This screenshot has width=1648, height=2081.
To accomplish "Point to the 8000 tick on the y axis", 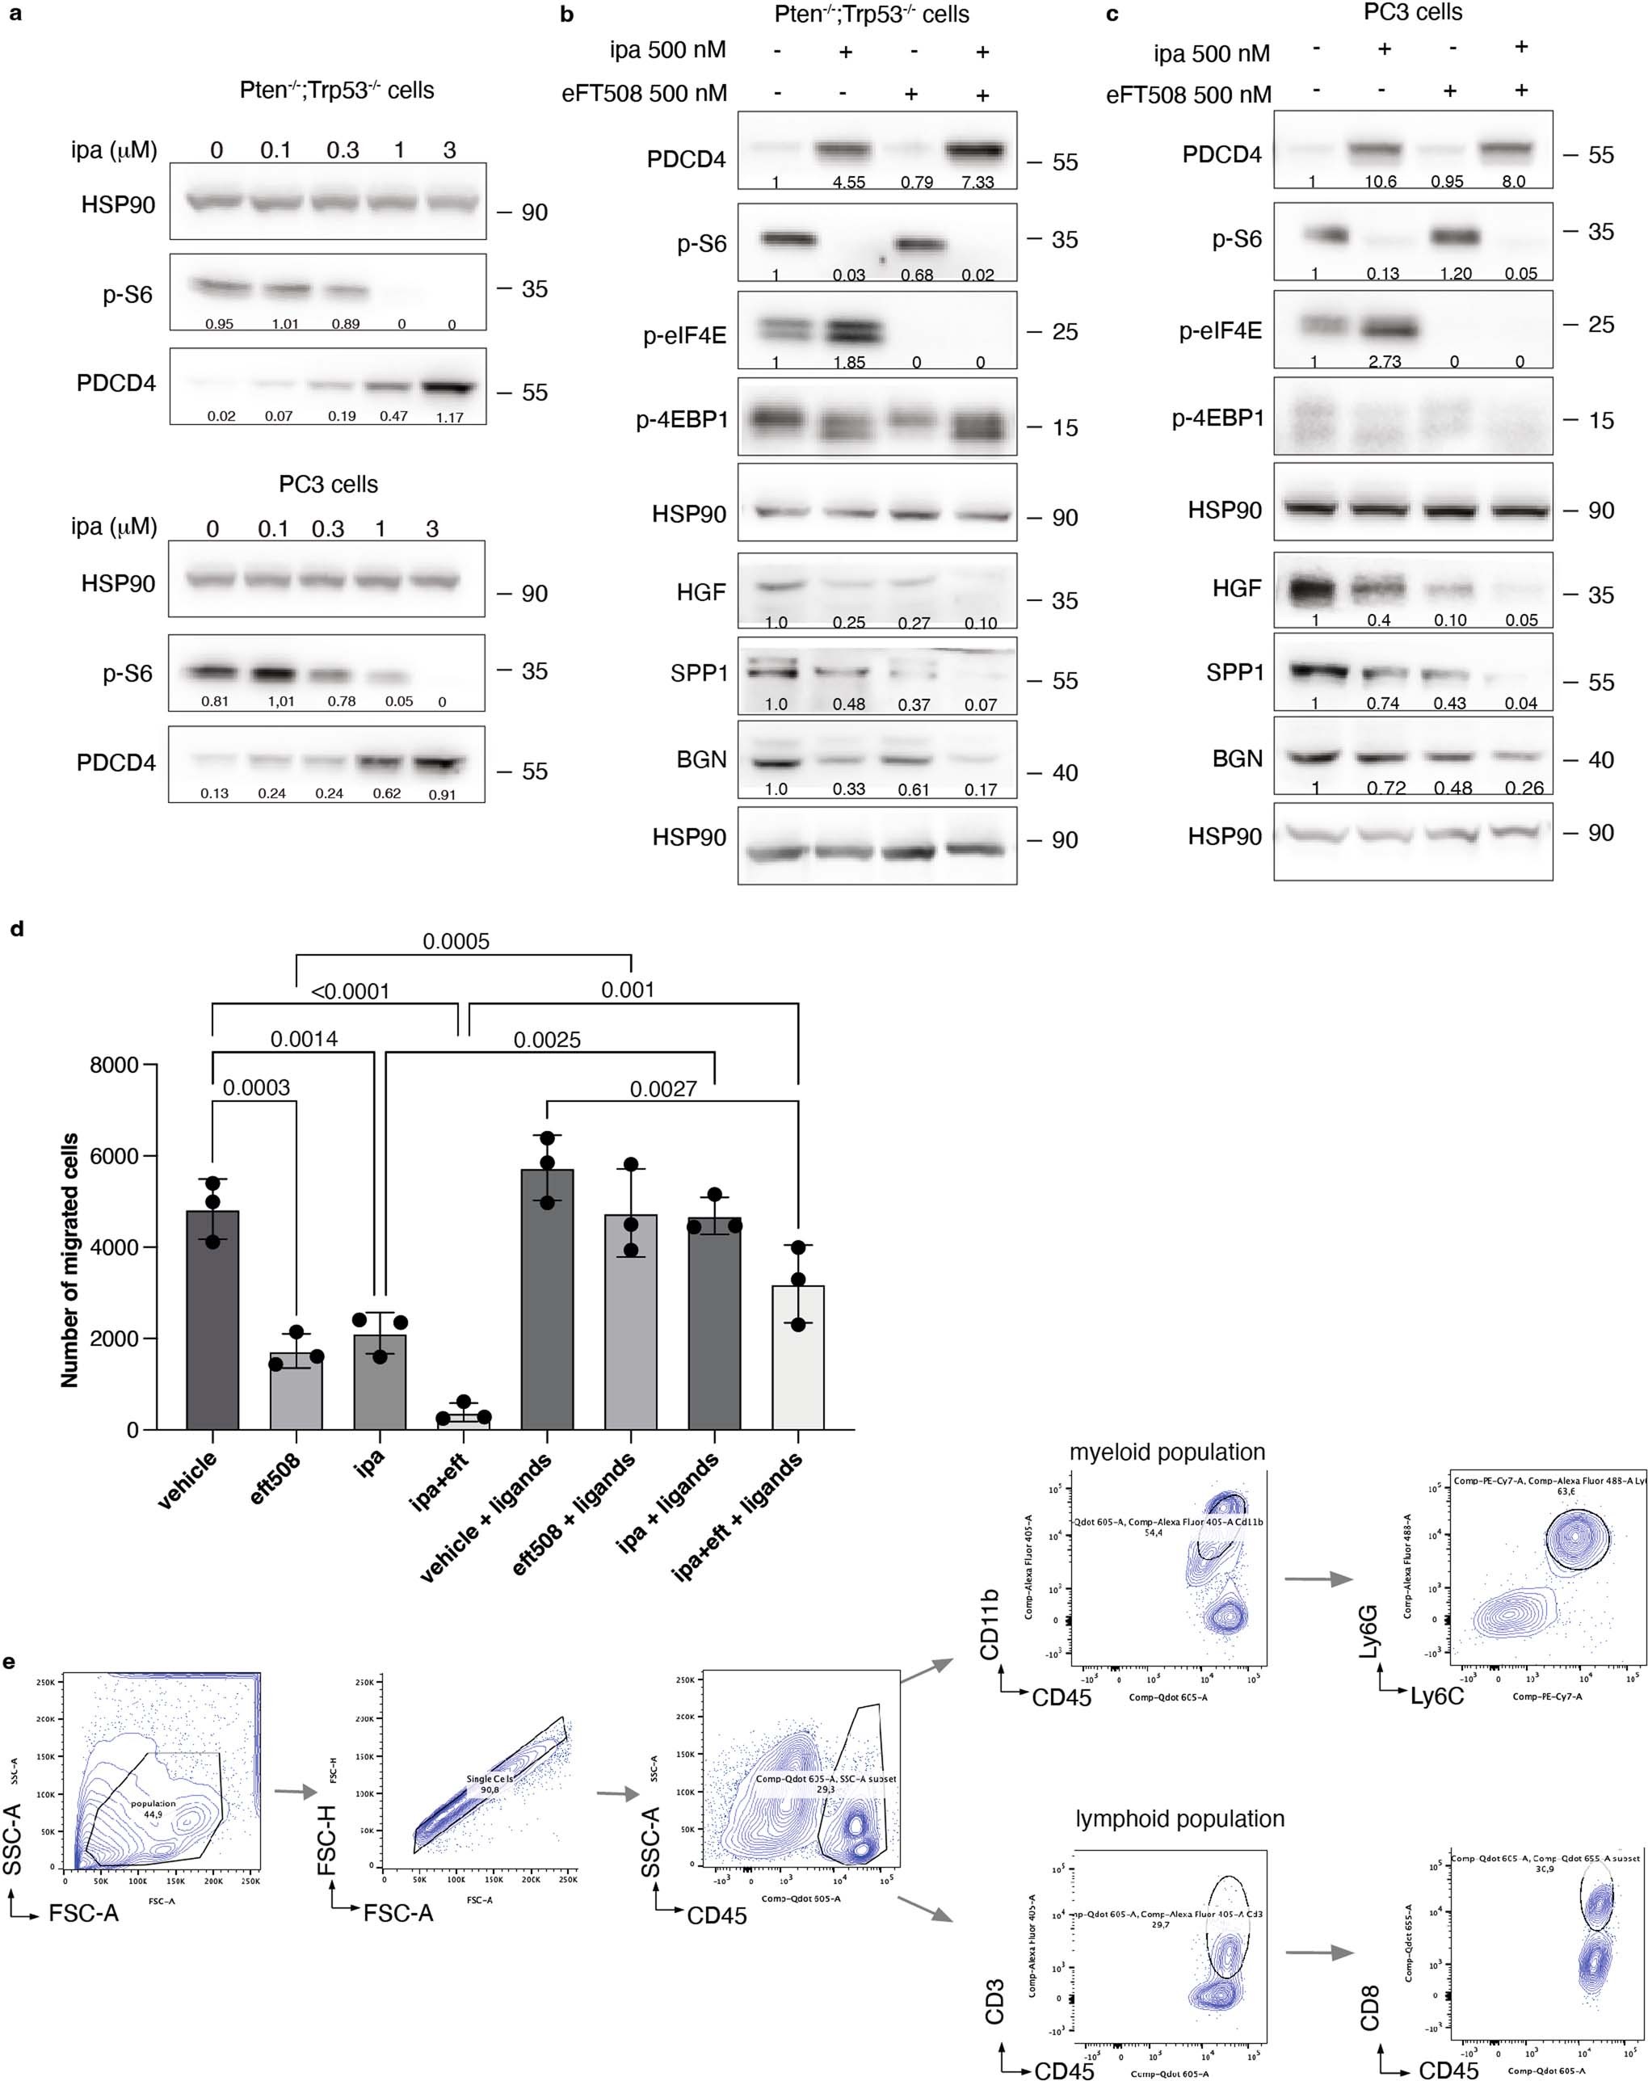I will [113, 1065].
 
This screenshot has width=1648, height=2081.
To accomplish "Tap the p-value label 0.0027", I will [663, 1089].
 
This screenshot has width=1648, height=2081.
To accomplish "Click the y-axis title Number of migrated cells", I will [69, 1261].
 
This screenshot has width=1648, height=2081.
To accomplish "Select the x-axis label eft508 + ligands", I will [575, 1514].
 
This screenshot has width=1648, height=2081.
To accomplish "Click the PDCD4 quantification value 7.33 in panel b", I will [977, 183].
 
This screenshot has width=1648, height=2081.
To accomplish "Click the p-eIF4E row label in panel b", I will [685, 337].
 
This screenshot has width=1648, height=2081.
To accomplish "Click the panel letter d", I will [15, 930].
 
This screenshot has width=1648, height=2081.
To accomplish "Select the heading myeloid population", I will [1167, 1452].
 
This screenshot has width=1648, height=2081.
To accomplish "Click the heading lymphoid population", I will [1179, 1818].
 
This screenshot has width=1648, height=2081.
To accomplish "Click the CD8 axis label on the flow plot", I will [1369, 2007].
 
